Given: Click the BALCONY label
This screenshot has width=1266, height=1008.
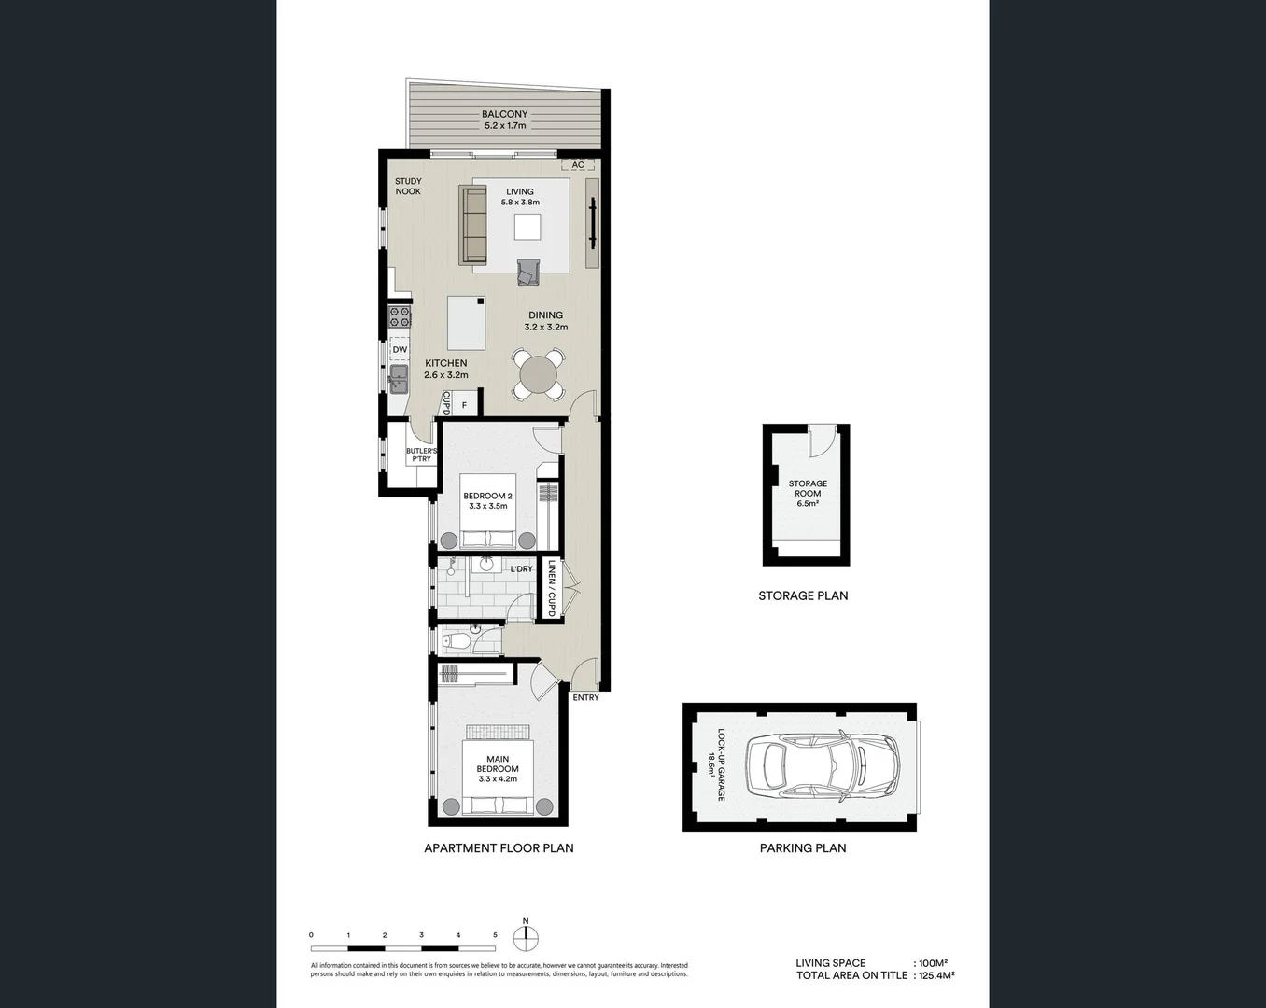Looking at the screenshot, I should pyautogui.click(x=504, y=114).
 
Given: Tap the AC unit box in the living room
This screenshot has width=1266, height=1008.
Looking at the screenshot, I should pyautogui.click(x=578, y=165).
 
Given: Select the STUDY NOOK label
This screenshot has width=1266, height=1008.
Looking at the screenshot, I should pyautogui.click(x=408, y=187).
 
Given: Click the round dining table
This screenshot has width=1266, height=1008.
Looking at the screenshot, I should pyautogui.click(x=538, y=375).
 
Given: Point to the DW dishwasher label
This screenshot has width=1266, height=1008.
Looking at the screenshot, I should pyautogui.click(x=400, y=350).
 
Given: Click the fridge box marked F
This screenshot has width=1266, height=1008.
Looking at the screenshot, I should pyautogui.click(x=464, y=406).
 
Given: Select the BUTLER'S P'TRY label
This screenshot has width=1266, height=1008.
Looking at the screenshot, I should pyautogui.click(x=421, y=455).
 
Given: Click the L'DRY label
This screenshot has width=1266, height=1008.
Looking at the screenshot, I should pyautogui.click(x=521, y=569).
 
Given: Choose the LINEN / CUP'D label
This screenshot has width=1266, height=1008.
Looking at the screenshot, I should pyautogui.click(x=552, y=588).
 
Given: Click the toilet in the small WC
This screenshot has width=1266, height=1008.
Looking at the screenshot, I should pyautogui.click(x=453, y=641).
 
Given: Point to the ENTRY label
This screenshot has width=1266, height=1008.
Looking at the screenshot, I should pyautogui.click(x=585, y=697).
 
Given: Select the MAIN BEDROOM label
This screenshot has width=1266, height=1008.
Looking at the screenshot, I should pyautogui.click(x=497, y=764).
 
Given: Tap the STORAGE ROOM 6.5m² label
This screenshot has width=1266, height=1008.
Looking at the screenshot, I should pyautogui.click(x=808, y=493).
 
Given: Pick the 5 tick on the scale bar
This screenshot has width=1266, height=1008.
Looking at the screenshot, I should pyautogui.click(x=495, y=934).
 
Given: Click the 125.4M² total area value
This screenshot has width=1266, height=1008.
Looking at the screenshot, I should pyautogui.click(x=936, y=975).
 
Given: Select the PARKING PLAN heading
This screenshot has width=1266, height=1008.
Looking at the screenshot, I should pyautogui.click(x=803, y=848).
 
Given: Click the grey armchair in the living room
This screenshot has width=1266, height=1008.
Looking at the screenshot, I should pyautogui.click(x=528, y=273).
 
